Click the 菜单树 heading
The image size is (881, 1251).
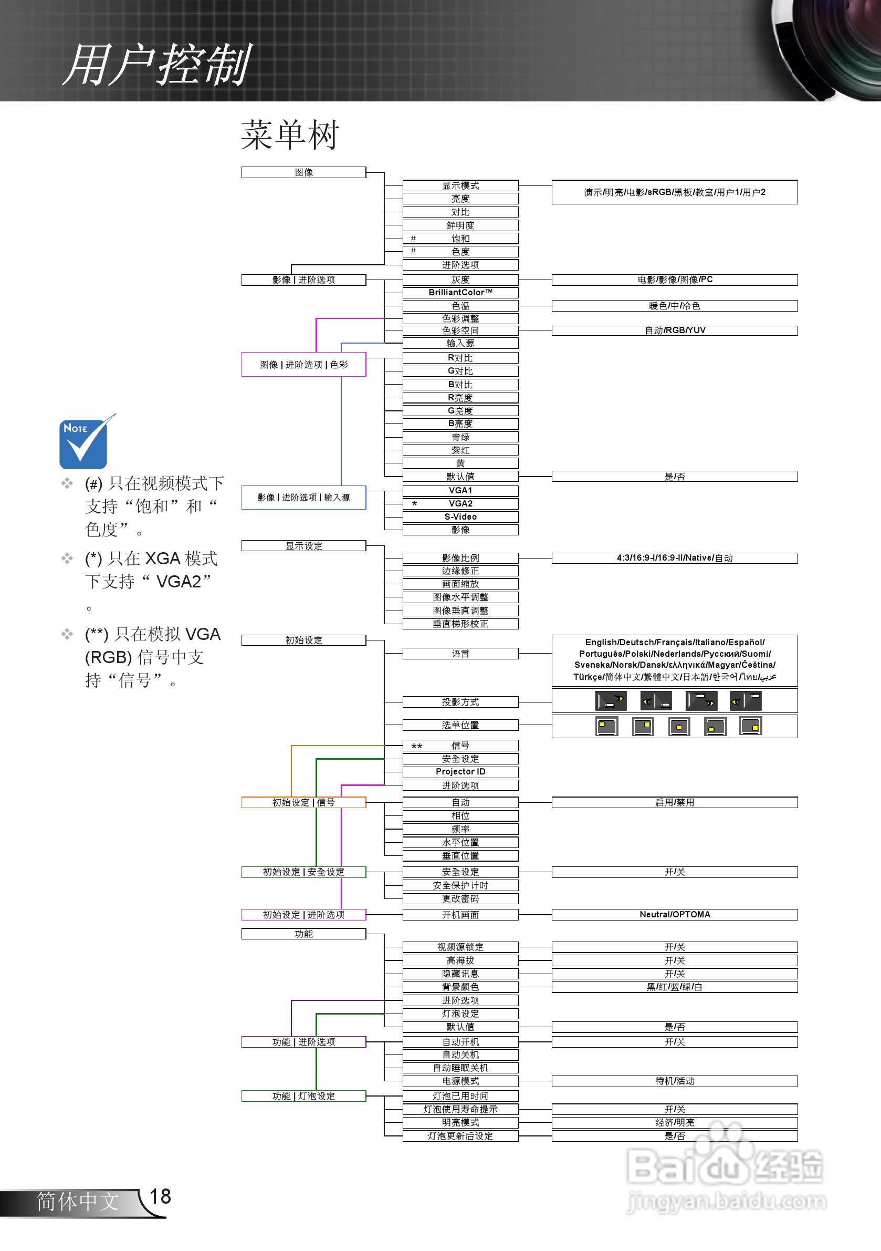point(290,135)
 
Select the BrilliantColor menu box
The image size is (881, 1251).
point(460,293)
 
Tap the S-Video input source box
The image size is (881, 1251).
point(460,516)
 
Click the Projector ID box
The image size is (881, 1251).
point(460,771)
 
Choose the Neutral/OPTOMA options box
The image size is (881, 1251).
point(674,914)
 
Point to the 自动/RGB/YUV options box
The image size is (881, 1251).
point(674,330)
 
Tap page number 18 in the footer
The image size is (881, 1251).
point(160,1196)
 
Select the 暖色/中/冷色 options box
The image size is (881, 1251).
point(674,306)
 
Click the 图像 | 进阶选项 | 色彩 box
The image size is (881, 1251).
point(303,365)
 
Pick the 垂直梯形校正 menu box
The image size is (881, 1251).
point(460,624)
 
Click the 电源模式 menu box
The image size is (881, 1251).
point(460,1081)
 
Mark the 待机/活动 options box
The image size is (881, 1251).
point(674,1081)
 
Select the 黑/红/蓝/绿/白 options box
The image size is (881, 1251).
point(674,987)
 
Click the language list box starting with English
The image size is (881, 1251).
point(674,660)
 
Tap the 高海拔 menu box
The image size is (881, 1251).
point(460,960)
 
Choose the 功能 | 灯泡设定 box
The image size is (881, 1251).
point(303,1095)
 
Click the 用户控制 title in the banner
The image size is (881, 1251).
point(158,65)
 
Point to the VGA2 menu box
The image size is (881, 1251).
point(460,503)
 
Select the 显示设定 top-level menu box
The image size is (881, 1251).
point(303,546)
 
